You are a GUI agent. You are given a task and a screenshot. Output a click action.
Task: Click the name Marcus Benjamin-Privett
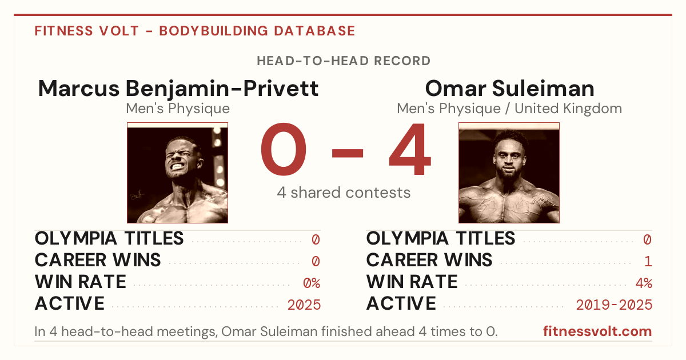[x=178, y=89]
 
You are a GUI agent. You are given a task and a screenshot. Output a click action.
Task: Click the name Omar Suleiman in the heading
[x=509, y=89]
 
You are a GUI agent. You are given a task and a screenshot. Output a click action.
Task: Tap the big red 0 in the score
[x=284, y=149]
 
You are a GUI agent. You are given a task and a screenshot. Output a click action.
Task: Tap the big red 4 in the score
[x=410, y=149]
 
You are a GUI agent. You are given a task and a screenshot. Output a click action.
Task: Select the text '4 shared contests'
[x=344, y=193]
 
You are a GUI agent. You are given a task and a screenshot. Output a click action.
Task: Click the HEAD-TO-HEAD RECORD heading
[x=344, y=61]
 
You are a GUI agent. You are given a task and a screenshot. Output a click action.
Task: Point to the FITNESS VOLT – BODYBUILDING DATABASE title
[x=195, y=31]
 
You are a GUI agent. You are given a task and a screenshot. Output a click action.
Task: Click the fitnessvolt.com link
[x=597, y=331]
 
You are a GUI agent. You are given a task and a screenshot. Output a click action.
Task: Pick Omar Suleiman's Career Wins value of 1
[x=648, y=262]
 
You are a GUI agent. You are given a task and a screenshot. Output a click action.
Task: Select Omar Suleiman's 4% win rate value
[x=644, y=283]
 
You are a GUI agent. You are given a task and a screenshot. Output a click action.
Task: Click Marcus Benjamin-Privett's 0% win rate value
[x=312, y=283]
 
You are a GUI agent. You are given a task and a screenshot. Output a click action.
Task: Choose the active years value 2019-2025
[x=614, y=305]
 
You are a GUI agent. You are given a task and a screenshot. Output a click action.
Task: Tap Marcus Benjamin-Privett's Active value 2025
[x=304, y=305]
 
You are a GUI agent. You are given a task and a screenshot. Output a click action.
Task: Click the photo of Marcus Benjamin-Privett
[x=177, y=173]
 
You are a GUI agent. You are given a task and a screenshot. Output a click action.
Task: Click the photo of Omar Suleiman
[x=509, y=173]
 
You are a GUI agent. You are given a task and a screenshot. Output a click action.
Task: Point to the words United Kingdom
[x=568, y=109]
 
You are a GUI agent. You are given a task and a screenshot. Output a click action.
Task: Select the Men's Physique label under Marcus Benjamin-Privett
[x=178, y=109]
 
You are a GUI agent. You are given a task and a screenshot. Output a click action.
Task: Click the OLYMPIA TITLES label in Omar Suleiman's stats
[x=440, y=238]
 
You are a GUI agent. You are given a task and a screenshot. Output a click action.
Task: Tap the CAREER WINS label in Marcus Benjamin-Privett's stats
[x=98, y=260]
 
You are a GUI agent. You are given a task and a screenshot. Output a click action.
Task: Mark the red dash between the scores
[x=348, y=153]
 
